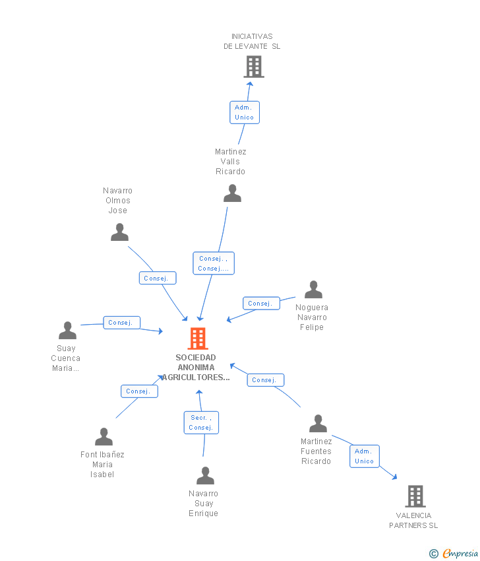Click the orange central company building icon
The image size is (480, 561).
click(x=198, y=339)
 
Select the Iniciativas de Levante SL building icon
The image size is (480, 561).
click(x=254, y=67)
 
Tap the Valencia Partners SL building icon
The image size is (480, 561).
click(x=415, y=496)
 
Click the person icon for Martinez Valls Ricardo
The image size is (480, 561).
click(x=232, y=193)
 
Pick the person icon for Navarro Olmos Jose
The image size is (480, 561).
click(x=119, y=232)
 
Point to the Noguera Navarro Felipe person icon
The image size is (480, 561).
click(x=313, y=290)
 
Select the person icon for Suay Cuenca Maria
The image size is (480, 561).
click(x=67, y=331)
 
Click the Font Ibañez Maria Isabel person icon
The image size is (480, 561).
click(x=104, y=437)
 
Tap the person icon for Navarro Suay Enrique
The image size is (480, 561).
click(x=205, y=476)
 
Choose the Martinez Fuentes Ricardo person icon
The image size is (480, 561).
click(x=318, y=424)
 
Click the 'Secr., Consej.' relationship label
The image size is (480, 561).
click(x=201, y=422)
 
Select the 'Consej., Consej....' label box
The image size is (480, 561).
click(x=214, y=263)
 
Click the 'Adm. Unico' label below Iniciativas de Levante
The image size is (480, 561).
click(x=244, y=112)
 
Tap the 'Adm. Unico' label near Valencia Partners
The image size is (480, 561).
click(x=364, y=456)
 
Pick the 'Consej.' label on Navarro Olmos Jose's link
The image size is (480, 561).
click(x=158, y=279)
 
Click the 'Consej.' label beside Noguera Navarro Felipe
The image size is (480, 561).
click(x=261, y=304)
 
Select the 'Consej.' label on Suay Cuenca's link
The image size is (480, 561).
click(x=122, y=323)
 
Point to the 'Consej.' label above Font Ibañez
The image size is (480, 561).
click(x=139, y=391)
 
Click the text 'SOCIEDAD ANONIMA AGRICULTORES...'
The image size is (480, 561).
click(x=196, y=368)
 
